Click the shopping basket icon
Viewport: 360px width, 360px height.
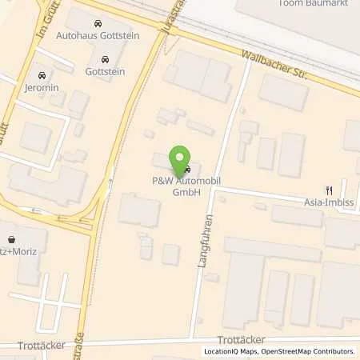[11, 238]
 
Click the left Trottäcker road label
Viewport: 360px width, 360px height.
[39, 346]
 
